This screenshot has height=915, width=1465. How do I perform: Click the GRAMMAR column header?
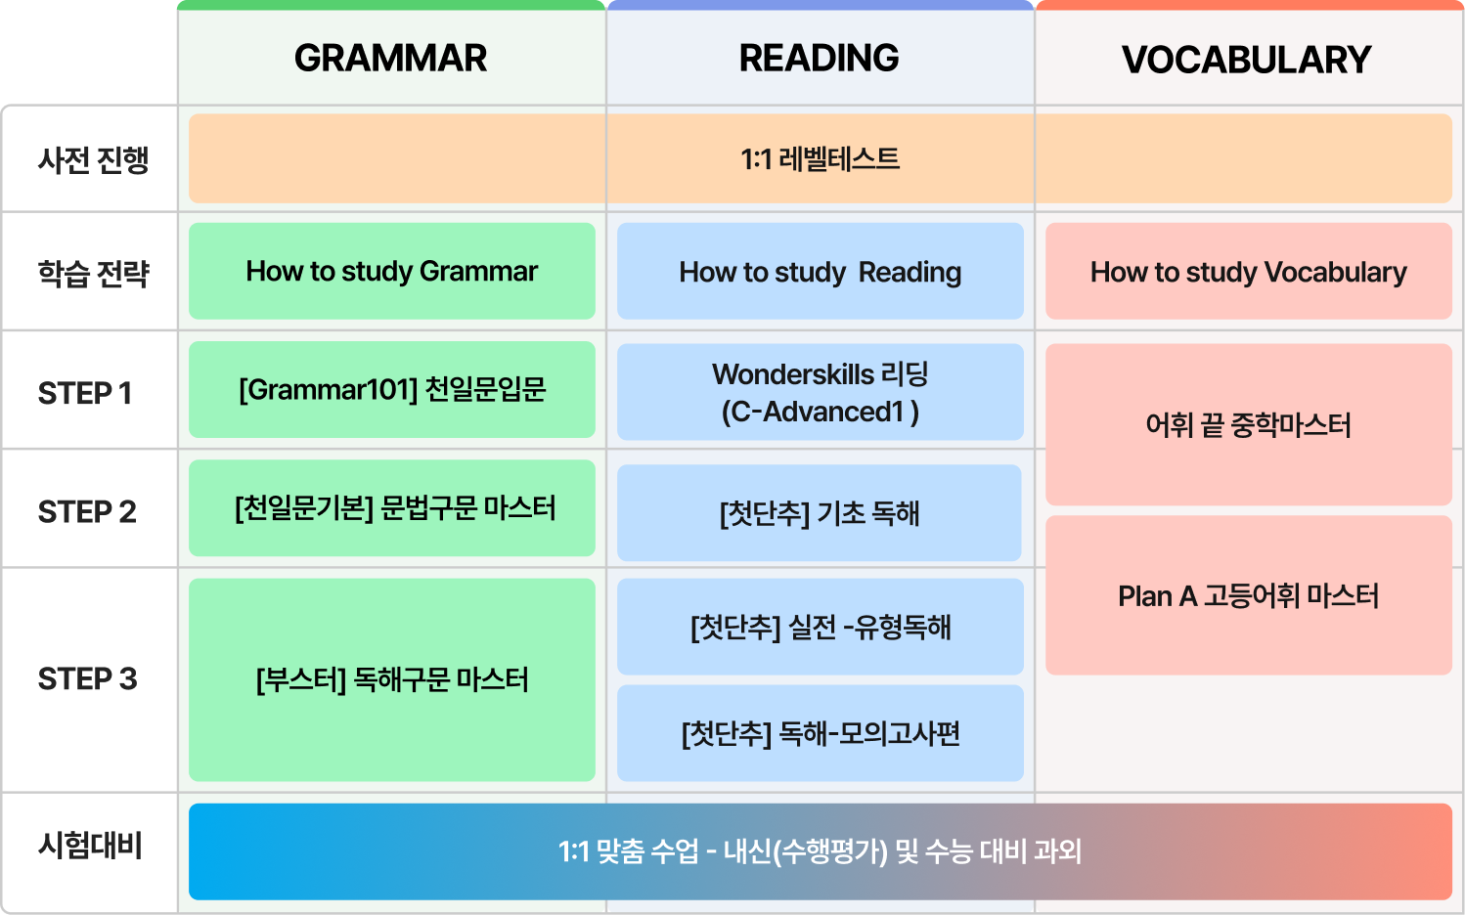[x=391, y=59]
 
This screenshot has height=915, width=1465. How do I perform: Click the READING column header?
[x=820, y=59]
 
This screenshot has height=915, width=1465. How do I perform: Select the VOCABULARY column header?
[x=1247, y=61]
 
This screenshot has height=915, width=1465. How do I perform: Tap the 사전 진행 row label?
[x=93, y=159]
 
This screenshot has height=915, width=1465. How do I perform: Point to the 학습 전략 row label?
[x=93, y=273]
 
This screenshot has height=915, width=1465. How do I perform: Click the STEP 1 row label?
[x=85, y=393]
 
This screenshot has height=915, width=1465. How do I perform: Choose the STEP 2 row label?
[x=87, y=511]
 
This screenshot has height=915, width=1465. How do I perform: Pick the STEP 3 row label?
[x=87, y=678]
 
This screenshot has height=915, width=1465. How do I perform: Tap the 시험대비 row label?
[x=91, y=845]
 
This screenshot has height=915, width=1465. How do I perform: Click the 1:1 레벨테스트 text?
[x=820, y=158]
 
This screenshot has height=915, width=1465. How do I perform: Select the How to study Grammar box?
[x=391, y=271]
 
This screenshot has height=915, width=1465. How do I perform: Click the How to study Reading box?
[x=820, y=272]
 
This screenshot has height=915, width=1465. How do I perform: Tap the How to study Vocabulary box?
[x=1248, y=272]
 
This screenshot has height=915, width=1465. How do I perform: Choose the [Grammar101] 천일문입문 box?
[x=391, y=389]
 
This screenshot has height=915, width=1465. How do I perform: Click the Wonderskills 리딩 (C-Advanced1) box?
[x=820, y=392]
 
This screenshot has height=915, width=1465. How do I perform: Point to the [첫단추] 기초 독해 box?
[x=820, y=513]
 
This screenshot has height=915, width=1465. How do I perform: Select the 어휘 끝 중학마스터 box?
[x=1248, y=425]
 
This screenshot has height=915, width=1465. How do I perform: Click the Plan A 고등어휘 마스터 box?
[x=1248, y=595]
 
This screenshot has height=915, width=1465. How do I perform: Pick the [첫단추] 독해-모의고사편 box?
[x=820, y=733]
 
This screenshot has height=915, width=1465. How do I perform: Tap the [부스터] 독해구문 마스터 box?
[x=391, y=679]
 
